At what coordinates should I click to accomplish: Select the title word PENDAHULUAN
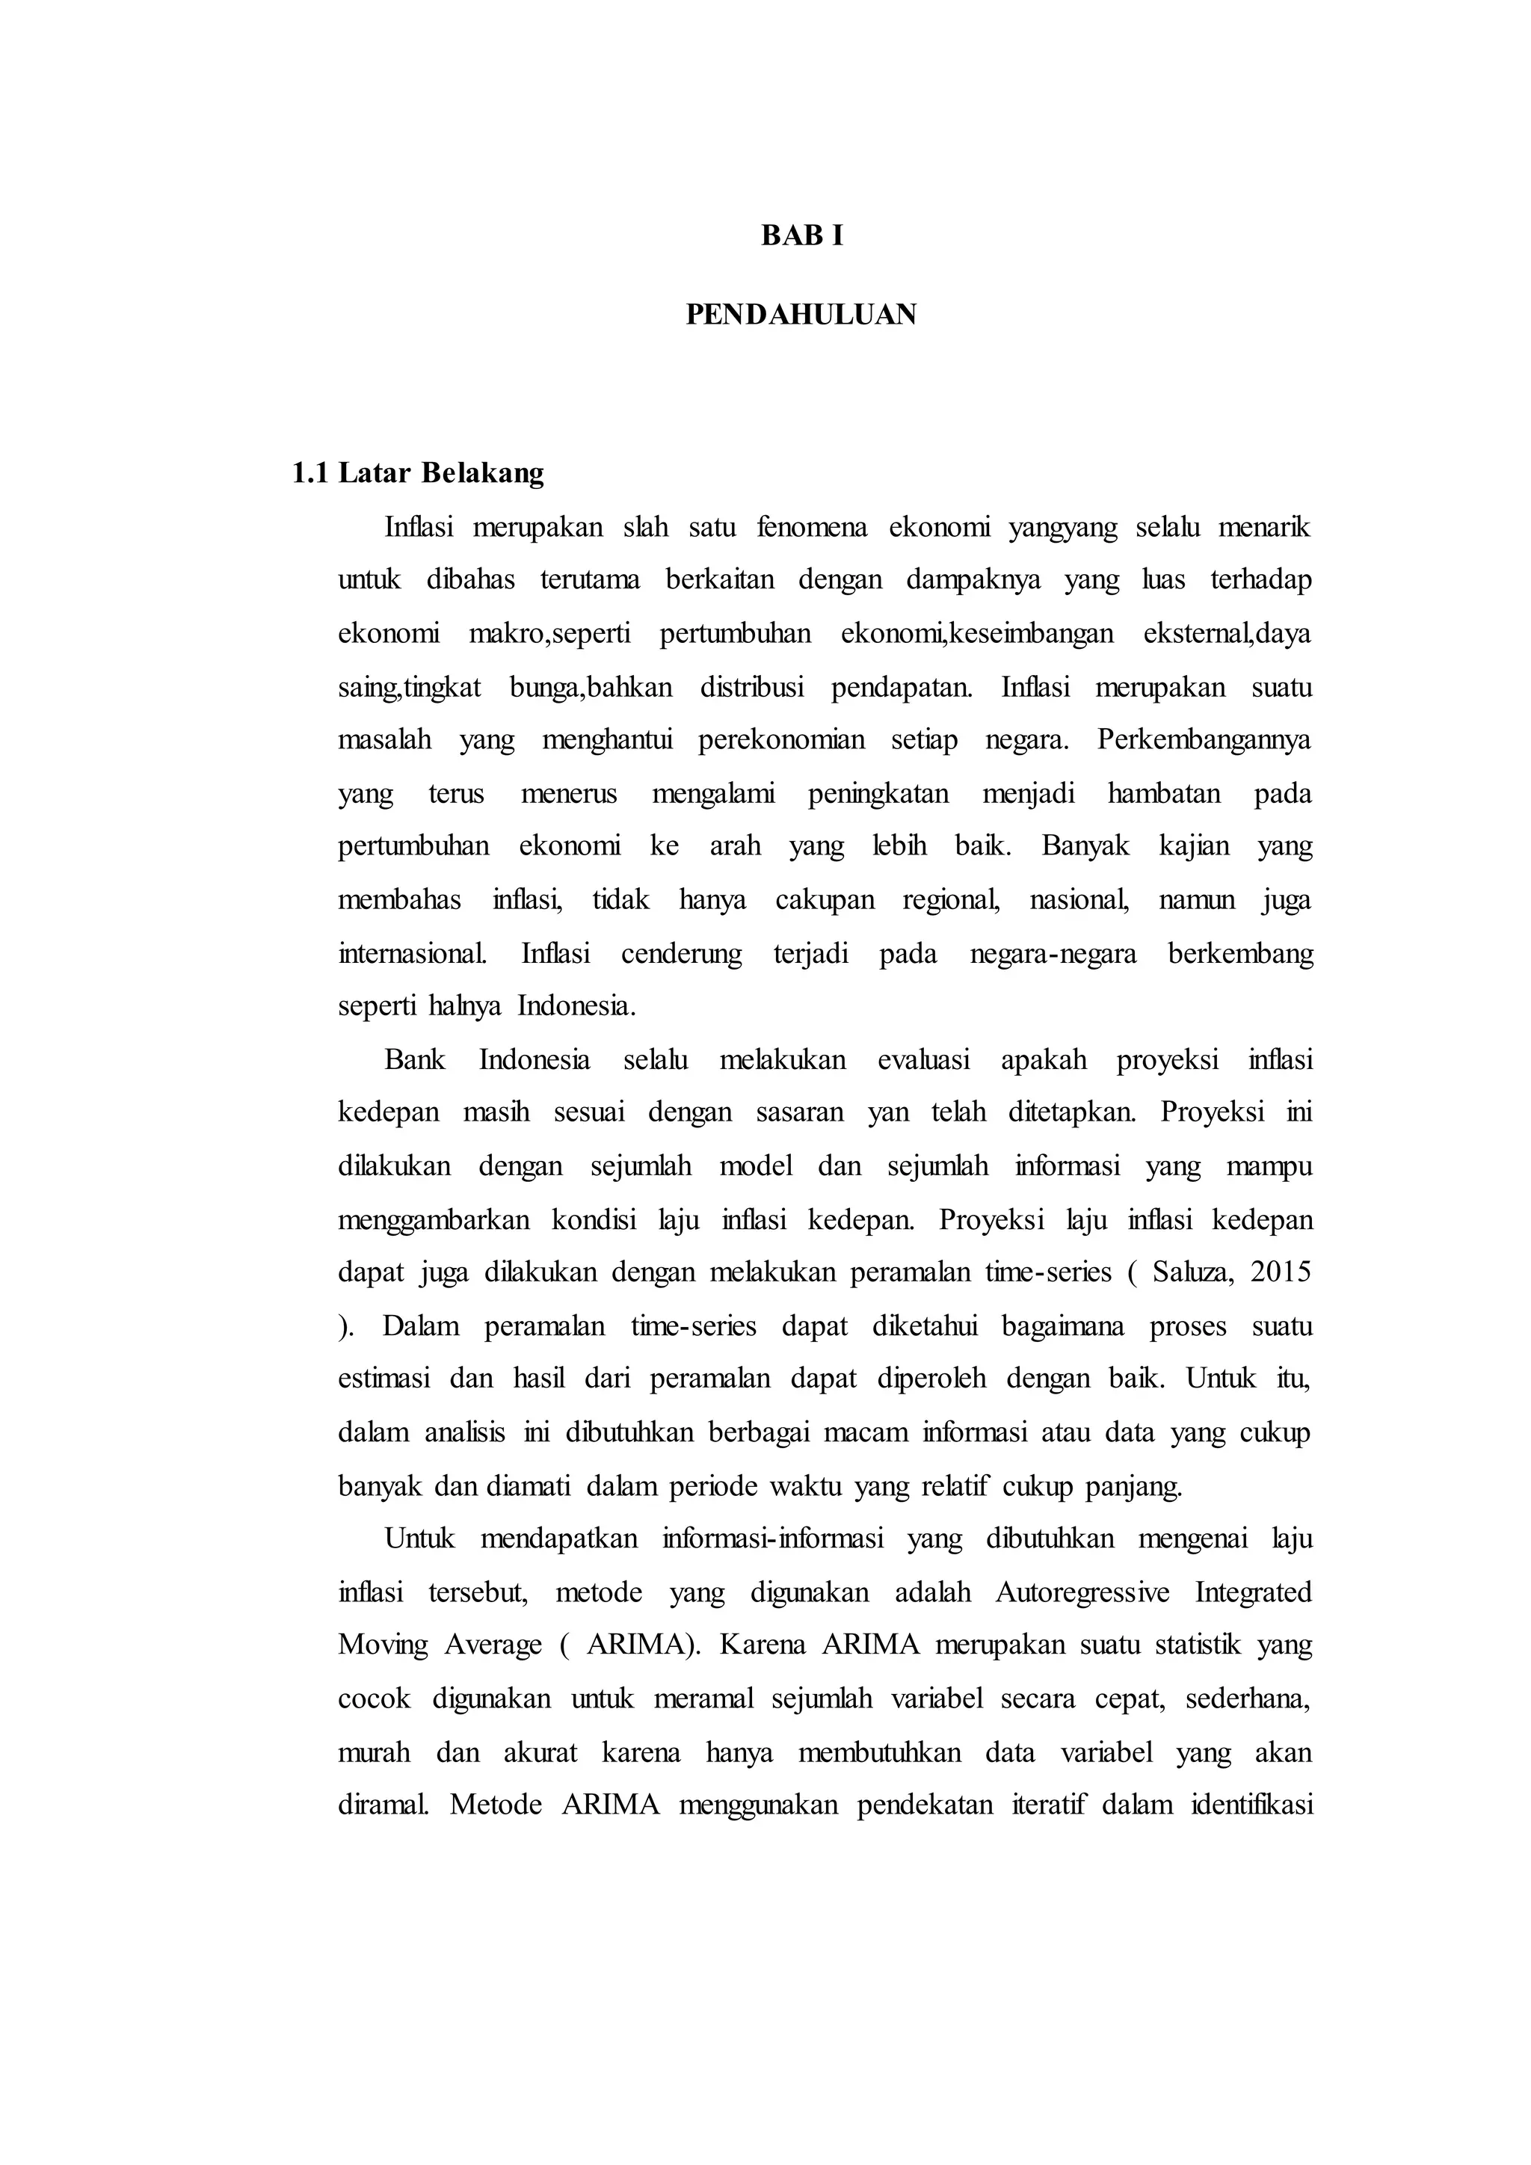(801, 314)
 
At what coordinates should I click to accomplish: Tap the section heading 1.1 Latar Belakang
(418, 472)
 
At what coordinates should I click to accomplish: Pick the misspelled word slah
(646, 526)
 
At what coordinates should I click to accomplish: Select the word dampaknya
(973, 580)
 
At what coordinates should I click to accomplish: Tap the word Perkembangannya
(1204, 740)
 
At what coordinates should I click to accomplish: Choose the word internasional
(413, 953)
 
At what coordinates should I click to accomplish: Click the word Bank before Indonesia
(415, 1060)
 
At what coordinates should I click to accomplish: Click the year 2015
(1281, 1273)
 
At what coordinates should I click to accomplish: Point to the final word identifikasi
(1252, 1805)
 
